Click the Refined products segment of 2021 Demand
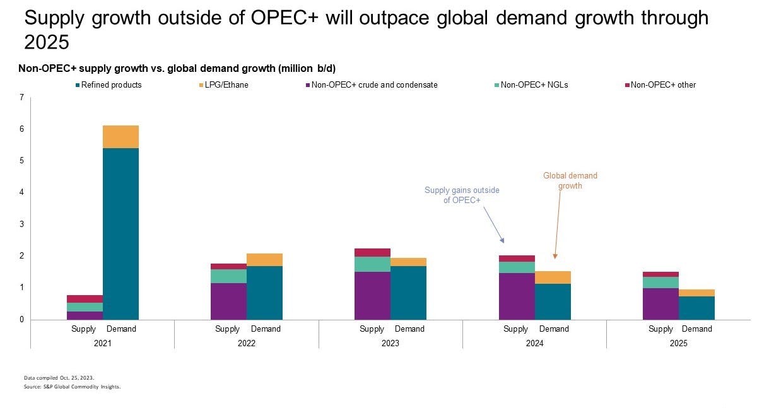[120, 233]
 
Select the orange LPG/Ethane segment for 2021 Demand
[120, 137]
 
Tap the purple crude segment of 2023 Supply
[372, 295]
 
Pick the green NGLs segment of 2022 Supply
[228, 276]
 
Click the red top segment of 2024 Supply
[517, 259]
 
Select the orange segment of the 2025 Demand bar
[697, 293]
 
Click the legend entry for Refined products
[107, 85]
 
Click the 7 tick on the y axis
[21, 98]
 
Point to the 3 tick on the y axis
[21, 224]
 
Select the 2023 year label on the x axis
[390, 344]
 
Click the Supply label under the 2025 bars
[661, 329]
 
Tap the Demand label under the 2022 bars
[266, 329]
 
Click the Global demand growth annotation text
[570, 181]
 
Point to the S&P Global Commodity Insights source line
[72, 387]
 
